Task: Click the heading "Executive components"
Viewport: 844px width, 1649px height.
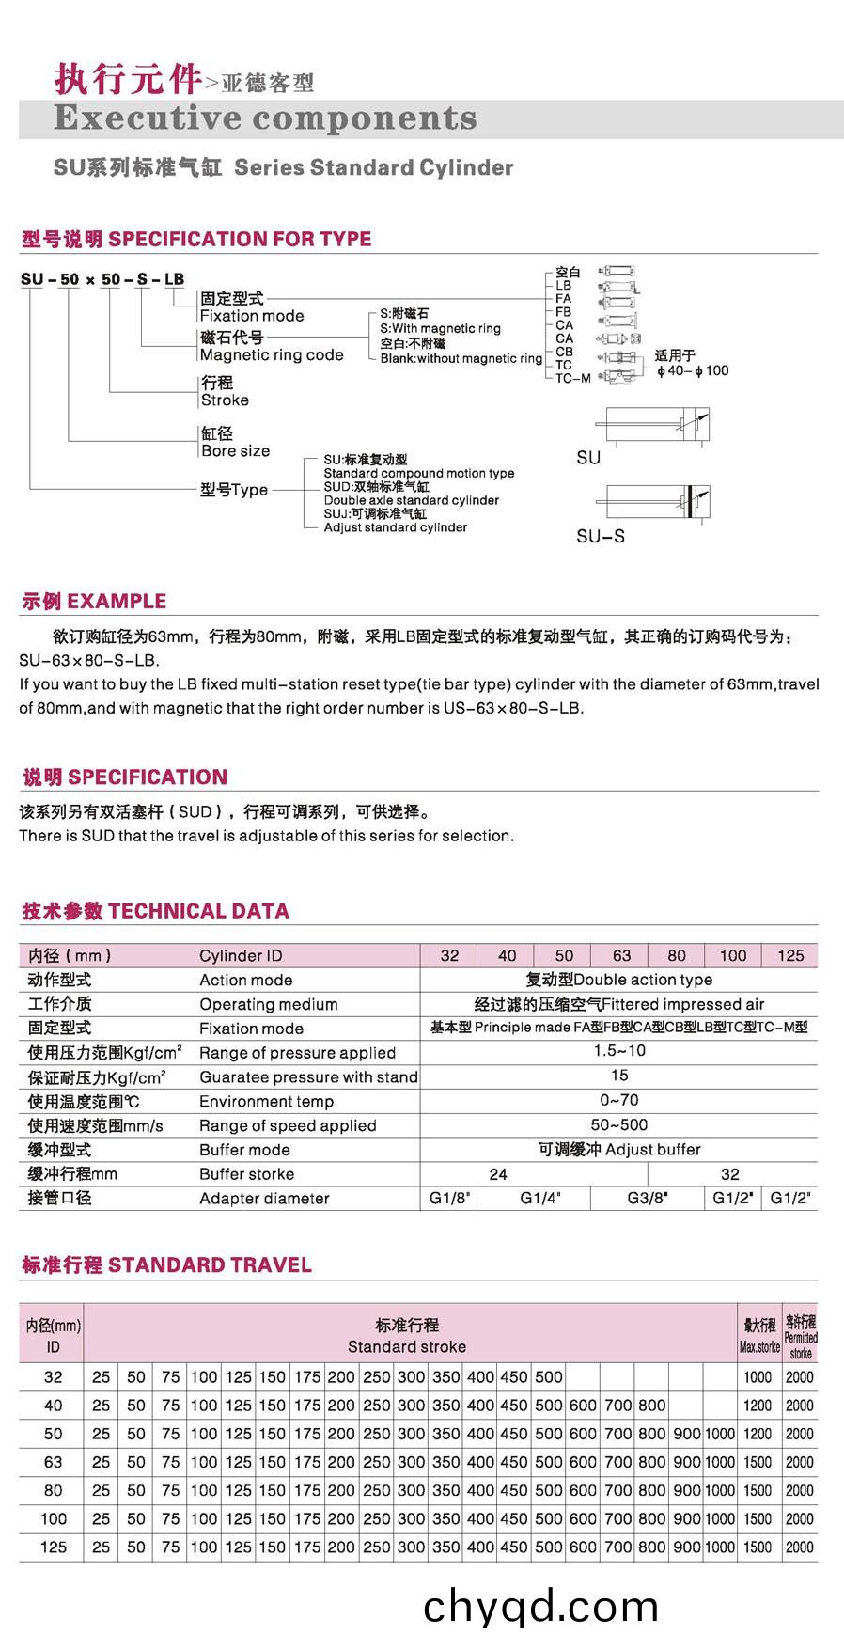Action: click(x=265, y=118)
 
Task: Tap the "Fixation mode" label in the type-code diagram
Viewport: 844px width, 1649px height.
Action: click(x=252, y=316)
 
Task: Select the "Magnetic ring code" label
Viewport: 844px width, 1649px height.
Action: click(x=272, y=355)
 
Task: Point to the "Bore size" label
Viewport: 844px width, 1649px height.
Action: click(x=235, y=451)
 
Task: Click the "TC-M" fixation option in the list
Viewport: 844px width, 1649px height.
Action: click(x=572, y=378)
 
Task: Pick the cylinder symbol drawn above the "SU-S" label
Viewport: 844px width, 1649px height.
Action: click(x=657, y=501)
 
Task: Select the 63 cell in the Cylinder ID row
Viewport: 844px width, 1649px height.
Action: click(x=621, y=955)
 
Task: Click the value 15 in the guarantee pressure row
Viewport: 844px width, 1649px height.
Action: click(x=619, y=1076)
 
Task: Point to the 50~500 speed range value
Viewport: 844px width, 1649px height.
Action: click(x=619, y=1124)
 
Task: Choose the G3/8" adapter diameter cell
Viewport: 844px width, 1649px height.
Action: click(x=648, y=1198)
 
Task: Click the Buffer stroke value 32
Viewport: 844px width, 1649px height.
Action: click(x=730, y=1173)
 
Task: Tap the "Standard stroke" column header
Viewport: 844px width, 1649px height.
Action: click(x=406, y=1346)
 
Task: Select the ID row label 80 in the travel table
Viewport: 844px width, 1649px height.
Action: click(x=53, y=1490)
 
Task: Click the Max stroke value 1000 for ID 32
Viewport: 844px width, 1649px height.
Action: click(x=758, y=1377)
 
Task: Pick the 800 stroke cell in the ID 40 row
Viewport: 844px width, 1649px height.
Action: click(x=651, y=1406)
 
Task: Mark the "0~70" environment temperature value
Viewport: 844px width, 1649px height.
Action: click(x=619, y=1100)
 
